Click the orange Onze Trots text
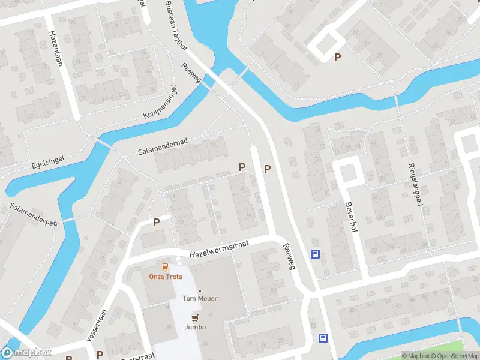pos(166,277)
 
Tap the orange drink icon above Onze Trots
pos(166,266)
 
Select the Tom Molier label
pos(200,298)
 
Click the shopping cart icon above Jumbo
pos(195,317)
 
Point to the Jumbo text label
pos(195,327)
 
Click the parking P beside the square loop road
pos(338,57)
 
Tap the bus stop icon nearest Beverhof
pos(315,254)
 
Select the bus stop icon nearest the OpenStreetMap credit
pos(323,338)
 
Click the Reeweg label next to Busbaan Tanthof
pos(194,74)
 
